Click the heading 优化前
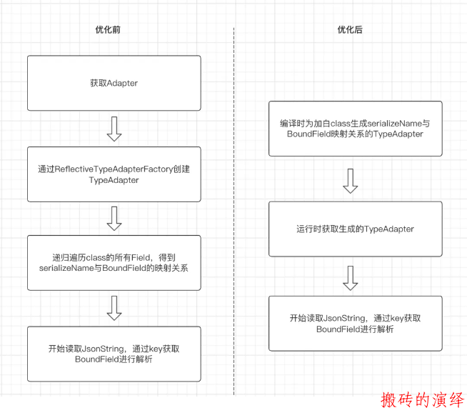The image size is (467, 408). (108, 29)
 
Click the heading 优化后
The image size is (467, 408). (350, 29)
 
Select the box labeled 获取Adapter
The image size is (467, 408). (114, 83)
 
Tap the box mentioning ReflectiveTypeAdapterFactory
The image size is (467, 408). (114, 174)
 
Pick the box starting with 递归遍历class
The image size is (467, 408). (114, 262)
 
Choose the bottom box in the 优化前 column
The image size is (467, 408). (114, 354)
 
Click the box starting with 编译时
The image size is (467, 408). (356, 129)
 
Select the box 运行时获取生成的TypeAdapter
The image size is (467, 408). (356, 229)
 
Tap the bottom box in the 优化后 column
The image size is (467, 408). (356, 324)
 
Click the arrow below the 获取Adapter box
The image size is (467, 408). (114, 129)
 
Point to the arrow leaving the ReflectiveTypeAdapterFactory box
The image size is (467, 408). (114, 219)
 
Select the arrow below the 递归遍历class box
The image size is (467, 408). (114, 308)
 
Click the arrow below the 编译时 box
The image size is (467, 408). (350, 181)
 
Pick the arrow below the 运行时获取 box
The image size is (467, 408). (350, 278)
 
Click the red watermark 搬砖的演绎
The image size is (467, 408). (422, 399)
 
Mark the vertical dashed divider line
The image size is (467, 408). (233, 212)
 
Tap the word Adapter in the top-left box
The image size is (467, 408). (122, 83)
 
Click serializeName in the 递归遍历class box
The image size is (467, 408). (66, 268)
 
